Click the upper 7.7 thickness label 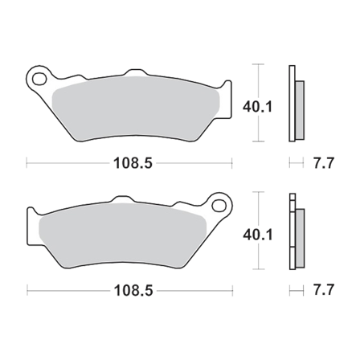coord(319,164)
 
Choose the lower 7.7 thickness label coord(319,287)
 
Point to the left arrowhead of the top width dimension coord(31,163)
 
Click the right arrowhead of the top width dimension coord(231,163)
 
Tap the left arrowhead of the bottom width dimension coord(30,287)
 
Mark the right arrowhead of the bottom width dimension coord(231,287)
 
